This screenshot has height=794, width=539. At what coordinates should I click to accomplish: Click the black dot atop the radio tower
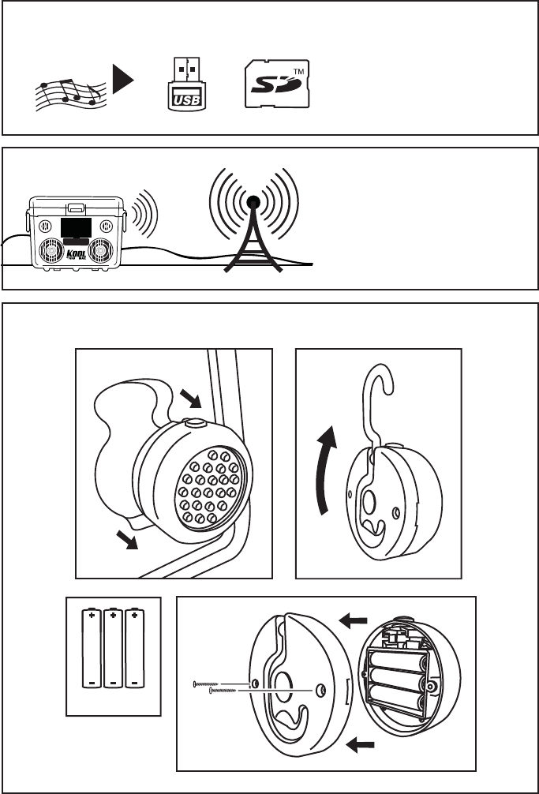[253, 204]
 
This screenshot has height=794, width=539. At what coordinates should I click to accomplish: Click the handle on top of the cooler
[77, 208]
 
